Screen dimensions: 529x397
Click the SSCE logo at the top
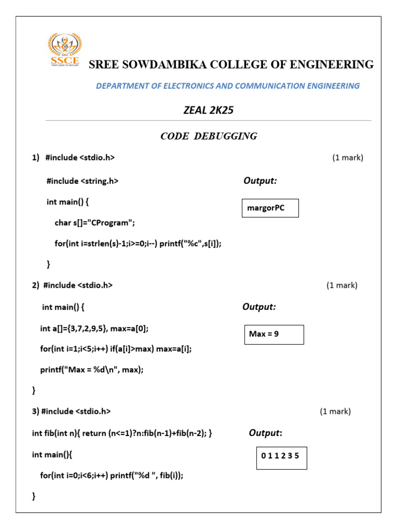[65, 51]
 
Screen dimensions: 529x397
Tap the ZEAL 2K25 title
[205, 110]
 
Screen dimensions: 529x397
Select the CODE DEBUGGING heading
[209, 136]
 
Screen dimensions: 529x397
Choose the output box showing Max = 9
[273, 334]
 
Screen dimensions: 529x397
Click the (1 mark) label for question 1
[347, 158]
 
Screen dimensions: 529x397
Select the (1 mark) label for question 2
[342, 285]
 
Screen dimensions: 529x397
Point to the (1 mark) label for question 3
[335, 411]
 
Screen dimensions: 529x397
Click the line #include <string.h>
[83, 181]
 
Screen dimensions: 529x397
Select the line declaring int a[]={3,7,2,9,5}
[98, 328]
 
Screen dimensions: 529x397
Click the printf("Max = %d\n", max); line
[91, 369]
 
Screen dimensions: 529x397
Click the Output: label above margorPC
[260, 181]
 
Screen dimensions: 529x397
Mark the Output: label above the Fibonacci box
[265, 433]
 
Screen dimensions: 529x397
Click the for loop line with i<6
[111, 476]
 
